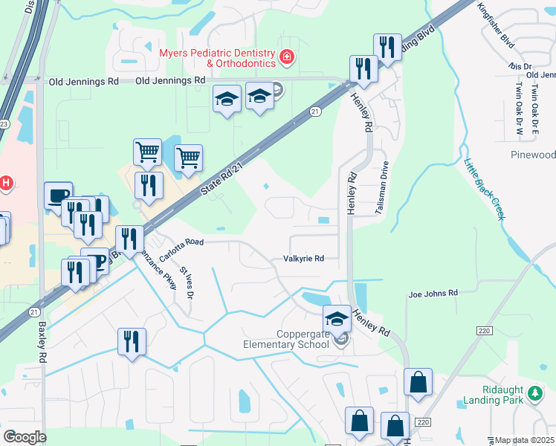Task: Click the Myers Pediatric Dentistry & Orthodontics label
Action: click(x=218, y=57)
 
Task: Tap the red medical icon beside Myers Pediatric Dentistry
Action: click(x=286, y=56)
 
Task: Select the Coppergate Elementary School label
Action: click(x=287, y=339)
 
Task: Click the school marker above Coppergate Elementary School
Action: click(x=337, y=319)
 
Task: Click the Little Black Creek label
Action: click(x=484, y=190)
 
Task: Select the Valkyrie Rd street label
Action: click(x=303, y=259)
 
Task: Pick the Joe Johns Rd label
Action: click(x=433, y=294)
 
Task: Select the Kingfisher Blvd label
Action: click(x=497, y=26)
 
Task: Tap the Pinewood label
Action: click(x=533, y=155)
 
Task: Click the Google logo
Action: click(x=25, y=436)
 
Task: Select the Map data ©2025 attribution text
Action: click(x=523, y=440)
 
